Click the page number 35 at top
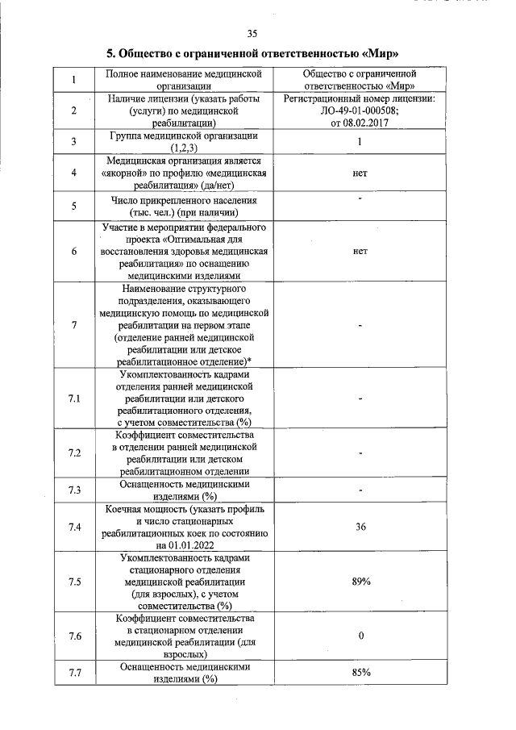[252, 33]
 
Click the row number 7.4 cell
[74, 527]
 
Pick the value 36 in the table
[360, 527]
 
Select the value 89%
[360, 582]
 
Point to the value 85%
[360, 673]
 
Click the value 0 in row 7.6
[360, 636]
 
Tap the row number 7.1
[74, 399]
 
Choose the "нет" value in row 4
[360, 173]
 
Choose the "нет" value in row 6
[360, 251]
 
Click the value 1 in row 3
[360, 142]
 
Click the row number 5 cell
[74, 206]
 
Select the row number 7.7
[74, 673]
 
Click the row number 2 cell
[74, 111]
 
